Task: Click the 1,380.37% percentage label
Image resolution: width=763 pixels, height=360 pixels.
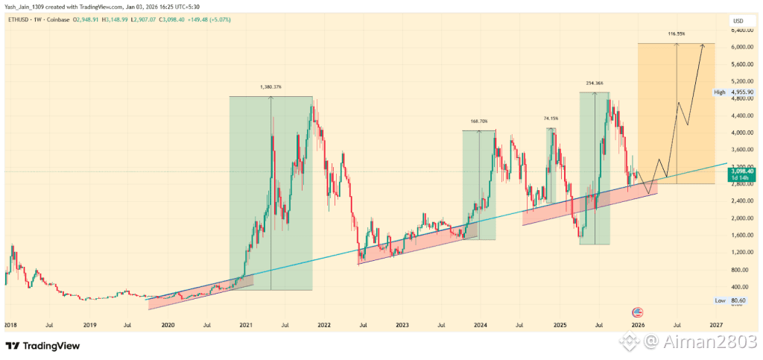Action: coord(270,87)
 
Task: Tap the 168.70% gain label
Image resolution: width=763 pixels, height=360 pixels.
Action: coord(479,121)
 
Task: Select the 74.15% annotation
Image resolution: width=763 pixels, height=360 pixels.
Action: coord(551,119)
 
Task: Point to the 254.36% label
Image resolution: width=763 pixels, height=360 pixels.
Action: coord(594,83)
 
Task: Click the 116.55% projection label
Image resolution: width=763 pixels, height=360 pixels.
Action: coord(676,34)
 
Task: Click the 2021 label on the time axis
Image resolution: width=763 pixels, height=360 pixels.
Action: coord(245,326)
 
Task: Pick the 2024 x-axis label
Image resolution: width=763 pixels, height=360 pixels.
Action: coord(480,326)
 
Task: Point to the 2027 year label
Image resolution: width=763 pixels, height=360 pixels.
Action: coord(715,326)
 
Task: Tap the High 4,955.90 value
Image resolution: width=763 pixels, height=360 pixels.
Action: coord(737,92)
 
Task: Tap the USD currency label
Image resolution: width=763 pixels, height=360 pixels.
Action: coord(738,21)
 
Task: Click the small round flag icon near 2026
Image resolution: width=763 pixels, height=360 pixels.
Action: coord(637,312)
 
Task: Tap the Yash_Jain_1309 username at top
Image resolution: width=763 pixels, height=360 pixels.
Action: coord(25,7)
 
